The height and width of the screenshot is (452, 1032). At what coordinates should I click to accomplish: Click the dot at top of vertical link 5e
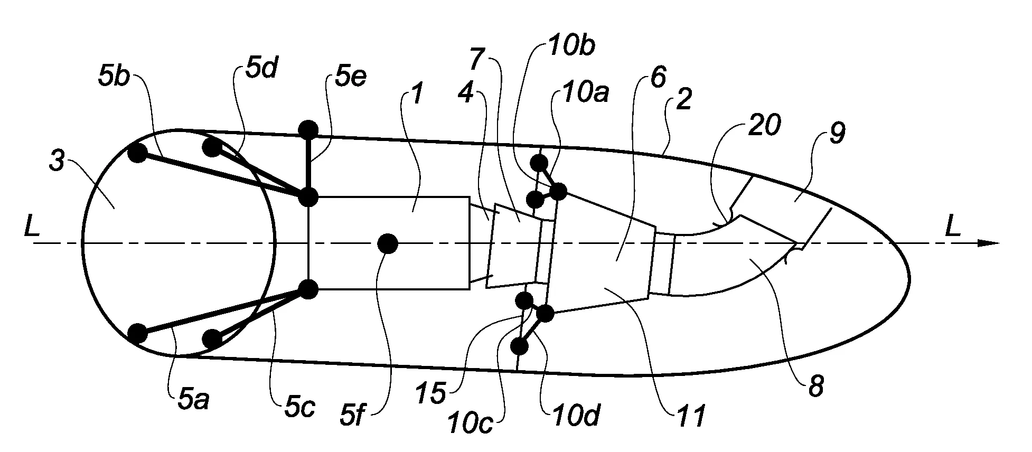308,129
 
